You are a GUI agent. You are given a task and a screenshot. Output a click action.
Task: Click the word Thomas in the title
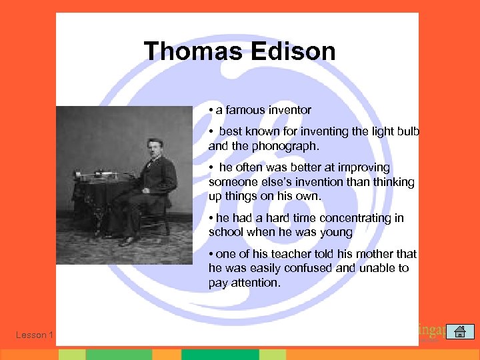point(188,51)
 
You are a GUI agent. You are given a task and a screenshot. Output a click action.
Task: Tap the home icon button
point(459,331)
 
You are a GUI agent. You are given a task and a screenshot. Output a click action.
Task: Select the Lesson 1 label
point(34,335)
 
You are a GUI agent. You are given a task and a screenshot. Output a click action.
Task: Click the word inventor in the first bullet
point(289,109)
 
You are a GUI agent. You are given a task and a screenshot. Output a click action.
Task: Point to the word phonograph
point(273,145)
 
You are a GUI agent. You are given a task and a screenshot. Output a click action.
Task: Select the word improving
point(367,167)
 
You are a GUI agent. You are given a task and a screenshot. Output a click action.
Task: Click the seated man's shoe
point(127,241)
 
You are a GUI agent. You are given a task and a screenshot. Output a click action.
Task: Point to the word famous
point(244,109)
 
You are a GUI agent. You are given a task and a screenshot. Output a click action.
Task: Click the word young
point(338,232)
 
